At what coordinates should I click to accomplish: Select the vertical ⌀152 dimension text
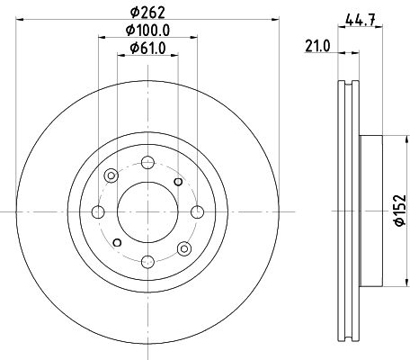pos(398,211)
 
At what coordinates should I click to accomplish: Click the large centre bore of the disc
pos(147,211)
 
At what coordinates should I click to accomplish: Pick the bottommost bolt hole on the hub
pos(147,261)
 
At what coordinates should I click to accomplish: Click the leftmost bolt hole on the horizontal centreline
pos(97,211)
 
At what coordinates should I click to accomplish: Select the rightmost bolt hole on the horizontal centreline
pos(196,211)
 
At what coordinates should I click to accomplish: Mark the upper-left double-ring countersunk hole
pos(110,175)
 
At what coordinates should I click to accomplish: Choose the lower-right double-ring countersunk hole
pos(183,248)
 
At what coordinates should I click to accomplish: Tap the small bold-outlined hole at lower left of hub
pos(116,242)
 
